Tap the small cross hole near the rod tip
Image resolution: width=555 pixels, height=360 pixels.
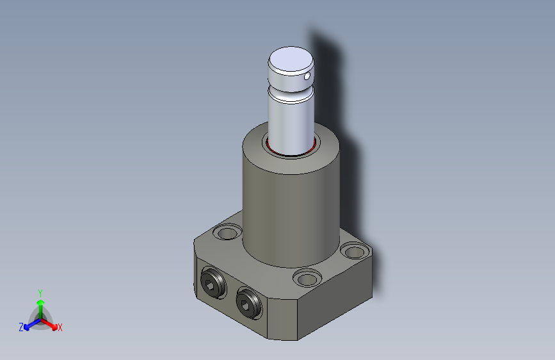pyautogui.click(x=307, y=76)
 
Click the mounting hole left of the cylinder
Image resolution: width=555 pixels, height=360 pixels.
pyautogui.click(x=227, y=233)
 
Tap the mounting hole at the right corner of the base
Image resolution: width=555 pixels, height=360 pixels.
pyautogui.click(x=354, y=252)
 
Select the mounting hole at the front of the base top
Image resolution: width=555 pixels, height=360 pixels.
pyautogui.click(x=307, y=279)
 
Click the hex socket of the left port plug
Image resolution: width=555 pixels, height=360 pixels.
pyautogui.click(x=210, y=284)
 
